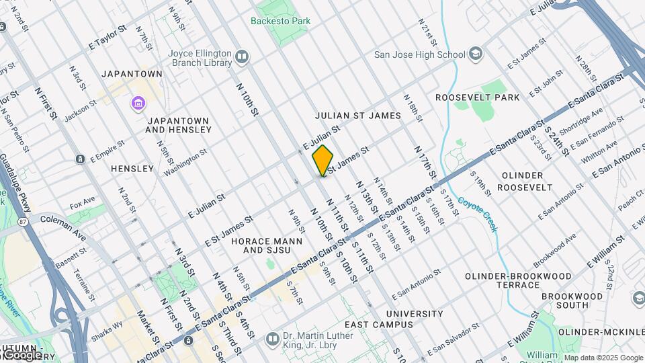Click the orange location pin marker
tap(323, 160)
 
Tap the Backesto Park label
tap(280, 21)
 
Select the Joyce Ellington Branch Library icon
tap(242, 57)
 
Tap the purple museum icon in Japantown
tap(138, 104)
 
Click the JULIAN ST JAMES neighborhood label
tap(358, 116)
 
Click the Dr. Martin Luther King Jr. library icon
tap(272, 337)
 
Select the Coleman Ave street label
tap(63, 227)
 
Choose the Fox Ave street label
tap(82, 202)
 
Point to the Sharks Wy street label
tap(108, 328)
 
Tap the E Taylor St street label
tap(107, 39)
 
